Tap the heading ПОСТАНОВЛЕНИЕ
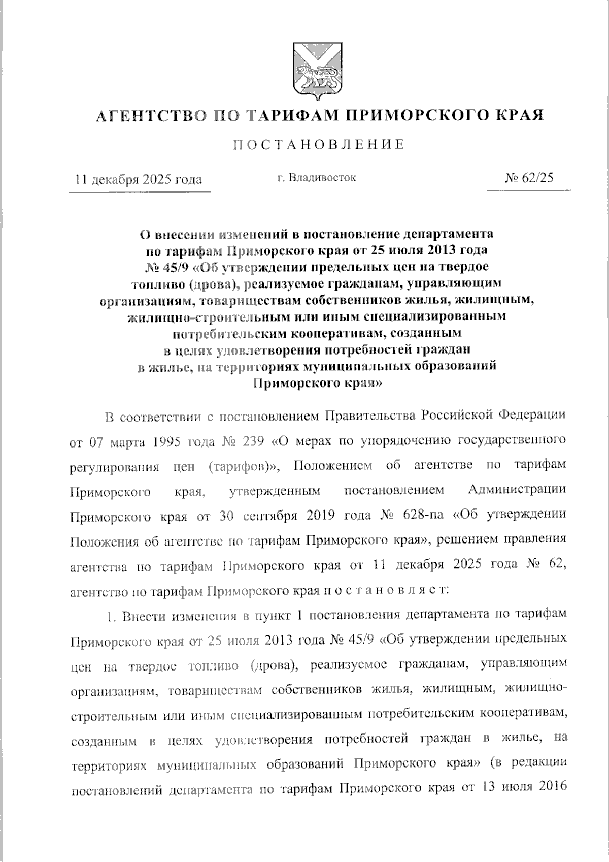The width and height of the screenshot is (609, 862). pyautogui.click(x=319, y=145)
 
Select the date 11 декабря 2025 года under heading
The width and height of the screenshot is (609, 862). pyautogui.click(x=138, y=179)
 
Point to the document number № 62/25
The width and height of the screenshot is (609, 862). pyautogui.click(x=529, y=178)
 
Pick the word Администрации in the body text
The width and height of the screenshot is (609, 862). pyautogui.click(x=517, y=490)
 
